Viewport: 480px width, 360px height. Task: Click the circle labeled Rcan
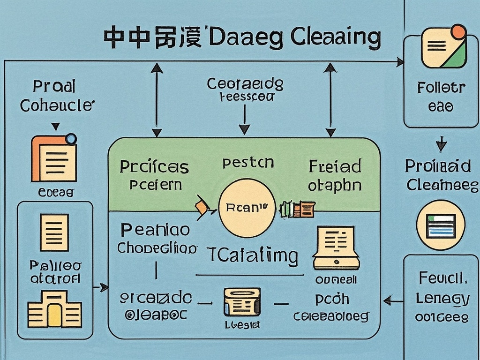click(246, 208)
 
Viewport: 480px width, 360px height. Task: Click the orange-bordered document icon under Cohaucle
click(53, 158)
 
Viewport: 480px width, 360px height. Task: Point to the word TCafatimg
click(253, 256)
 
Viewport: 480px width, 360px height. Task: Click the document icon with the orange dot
click(443, 47)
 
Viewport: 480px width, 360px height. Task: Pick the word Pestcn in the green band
click(248, 163)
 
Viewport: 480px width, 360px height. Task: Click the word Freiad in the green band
click(335, 166)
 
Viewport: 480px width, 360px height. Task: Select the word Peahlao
click(155, 230)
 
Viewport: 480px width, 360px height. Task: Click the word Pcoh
click(332, 299)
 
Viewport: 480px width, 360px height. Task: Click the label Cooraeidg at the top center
click(245, 84)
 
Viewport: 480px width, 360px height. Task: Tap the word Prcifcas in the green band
click(154, 166)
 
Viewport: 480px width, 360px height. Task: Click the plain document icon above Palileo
click(54, 232)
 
